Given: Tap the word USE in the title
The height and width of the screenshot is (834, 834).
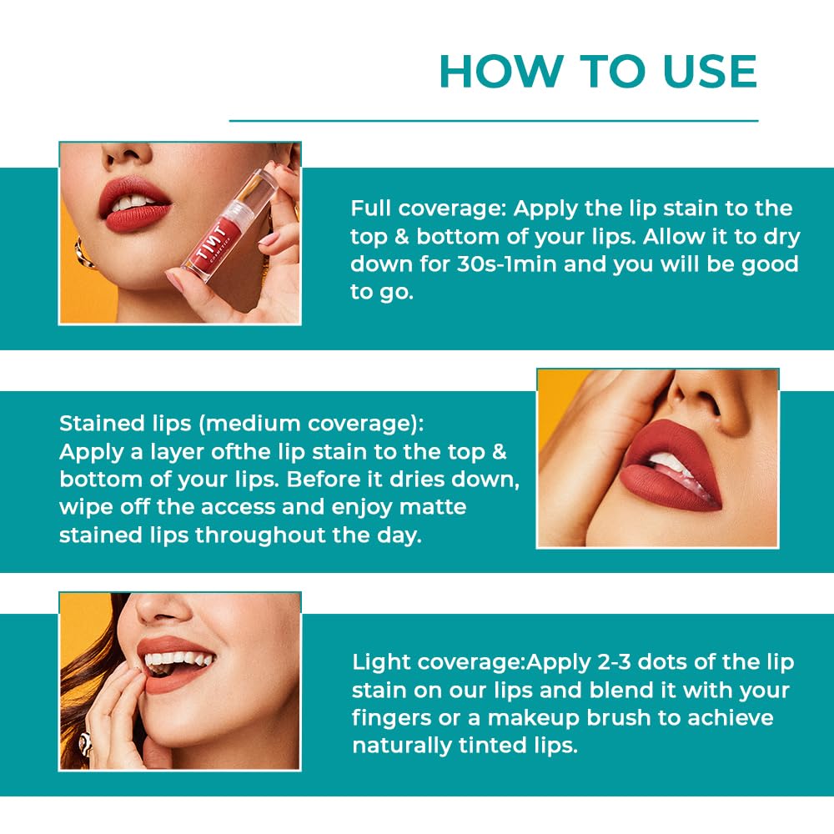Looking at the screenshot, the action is [x=710, y=71].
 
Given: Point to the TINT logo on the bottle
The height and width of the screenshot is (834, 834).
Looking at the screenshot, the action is [x=212, y=243].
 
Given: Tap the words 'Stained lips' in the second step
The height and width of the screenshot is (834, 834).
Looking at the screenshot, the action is [x=125, y=424].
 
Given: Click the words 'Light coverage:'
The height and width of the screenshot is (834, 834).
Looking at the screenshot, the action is [x=439, y=662].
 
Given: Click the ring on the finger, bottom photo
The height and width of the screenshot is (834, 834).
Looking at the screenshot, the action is [x=84, y=742].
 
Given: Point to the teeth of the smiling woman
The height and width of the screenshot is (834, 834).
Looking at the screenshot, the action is [x=178, y=660].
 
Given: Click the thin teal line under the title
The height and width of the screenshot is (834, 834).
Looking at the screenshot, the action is [x=494, y=121].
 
